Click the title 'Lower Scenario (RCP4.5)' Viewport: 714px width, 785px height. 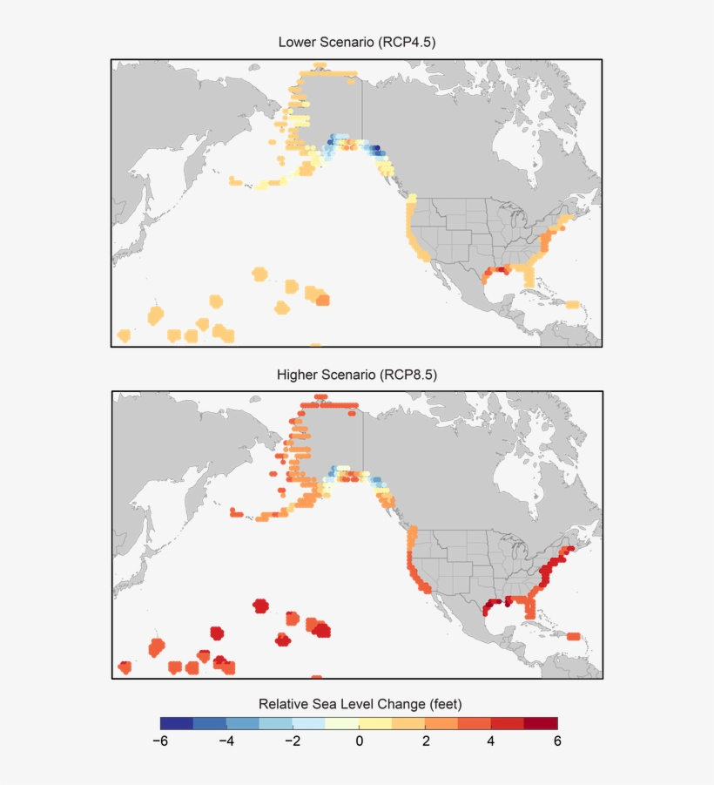pyautogui.click(x=356, y=42)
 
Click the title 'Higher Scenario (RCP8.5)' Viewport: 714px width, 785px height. pyautogui.click(x=356, y=375)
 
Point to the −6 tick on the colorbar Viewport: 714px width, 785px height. pyautogui.click(x=160, y=741)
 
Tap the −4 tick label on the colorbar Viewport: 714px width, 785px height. pyautogui.click(x=226, y=741)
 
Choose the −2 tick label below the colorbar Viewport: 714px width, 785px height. pyautogui.click(x=293, y=741)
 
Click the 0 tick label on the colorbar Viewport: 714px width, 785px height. pyautogui.click(x=359, y=741)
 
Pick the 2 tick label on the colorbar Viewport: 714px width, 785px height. pyautogui.click(x=425, y=741)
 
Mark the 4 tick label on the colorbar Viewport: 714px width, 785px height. pyautogui.click(x=491, y=741)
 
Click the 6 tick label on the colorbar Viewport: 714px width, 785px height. pyautogui.click(x=557, y=741)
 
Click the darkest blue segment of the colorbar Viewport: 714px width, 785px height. pyautogui.click(x=177, y=722)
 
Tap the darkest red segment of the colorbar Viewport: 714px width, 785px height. pyautogui.click(x=541, y=722)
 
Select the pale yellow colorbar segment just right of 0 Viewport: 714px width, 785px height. pyautogui.click(x=375, y=722)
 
